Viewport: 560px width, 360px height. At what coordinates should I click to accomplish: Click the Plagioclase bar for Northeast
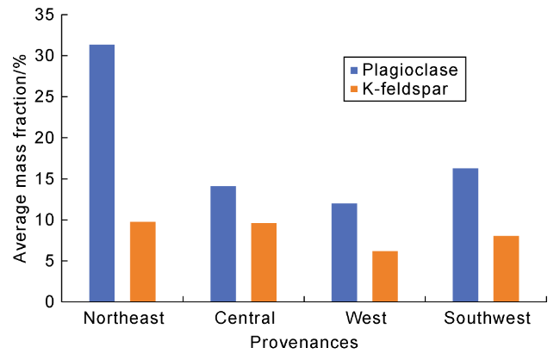102,173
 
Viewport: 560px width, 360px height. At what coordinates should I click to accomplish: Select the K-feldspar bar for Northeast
143,262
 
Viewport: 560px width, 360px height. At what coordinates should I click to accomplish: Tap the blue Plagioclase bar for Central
223,244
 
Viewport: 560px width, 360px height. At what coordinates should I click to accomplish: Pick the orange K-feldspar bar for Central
264,263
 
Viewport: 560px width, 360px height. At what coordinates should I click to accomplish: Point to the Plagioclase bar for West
344,252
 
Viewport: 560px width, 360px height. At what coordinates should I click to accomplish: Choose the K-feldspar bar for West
384,276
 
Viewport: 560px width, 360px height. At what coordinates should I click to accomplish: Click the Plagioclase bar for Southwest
465,235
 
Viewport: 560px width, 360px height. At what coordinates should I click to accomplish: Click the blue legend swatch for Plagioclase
351,67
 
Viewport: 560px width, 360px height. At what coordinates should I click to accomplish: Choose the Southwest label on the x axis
487,320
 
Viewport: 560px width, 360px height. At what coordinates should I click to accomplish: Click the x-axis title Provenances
304,343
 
